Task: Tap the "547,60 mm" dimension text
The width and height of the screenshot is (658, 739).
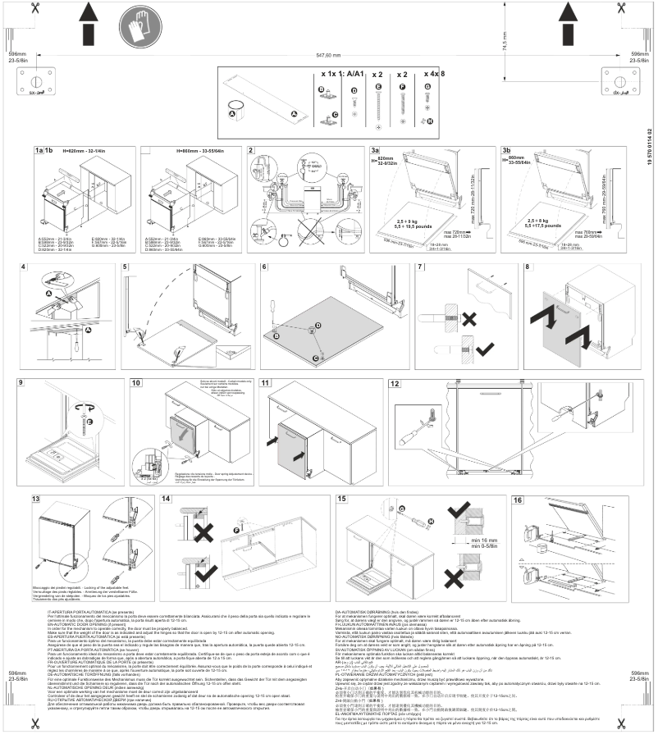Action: tap(328, 55)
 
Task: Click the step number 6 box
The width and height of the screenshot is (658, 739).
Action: tap(265, 267)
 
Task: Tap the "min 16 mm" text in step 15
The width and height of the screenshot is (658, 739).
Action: tap(482, 541)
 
